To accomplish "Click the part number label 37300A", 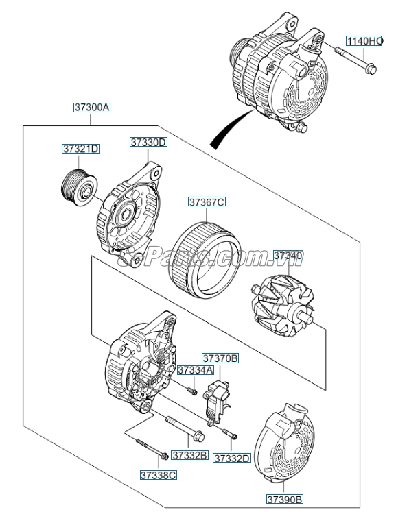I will pos(92,108).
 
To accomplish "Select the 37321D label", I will pos(81,149).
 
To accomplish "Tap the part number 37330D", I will pos(149,142).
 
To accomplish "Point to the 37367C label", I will pos(207,202).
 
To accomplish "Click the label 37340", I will pos(288,256).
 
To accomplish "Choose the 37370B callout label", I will pos(220,358).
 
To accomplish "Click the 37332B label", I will pos(189,455).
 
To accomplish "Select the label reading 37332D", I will pos(231,458).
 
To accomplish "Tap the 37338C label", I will pos(159,474).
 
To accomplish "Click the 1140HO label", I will pos(364,41).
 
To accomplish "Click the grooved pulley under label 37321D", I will pos(77,185).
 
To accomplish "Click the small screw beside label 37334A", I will pos(191,390).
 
